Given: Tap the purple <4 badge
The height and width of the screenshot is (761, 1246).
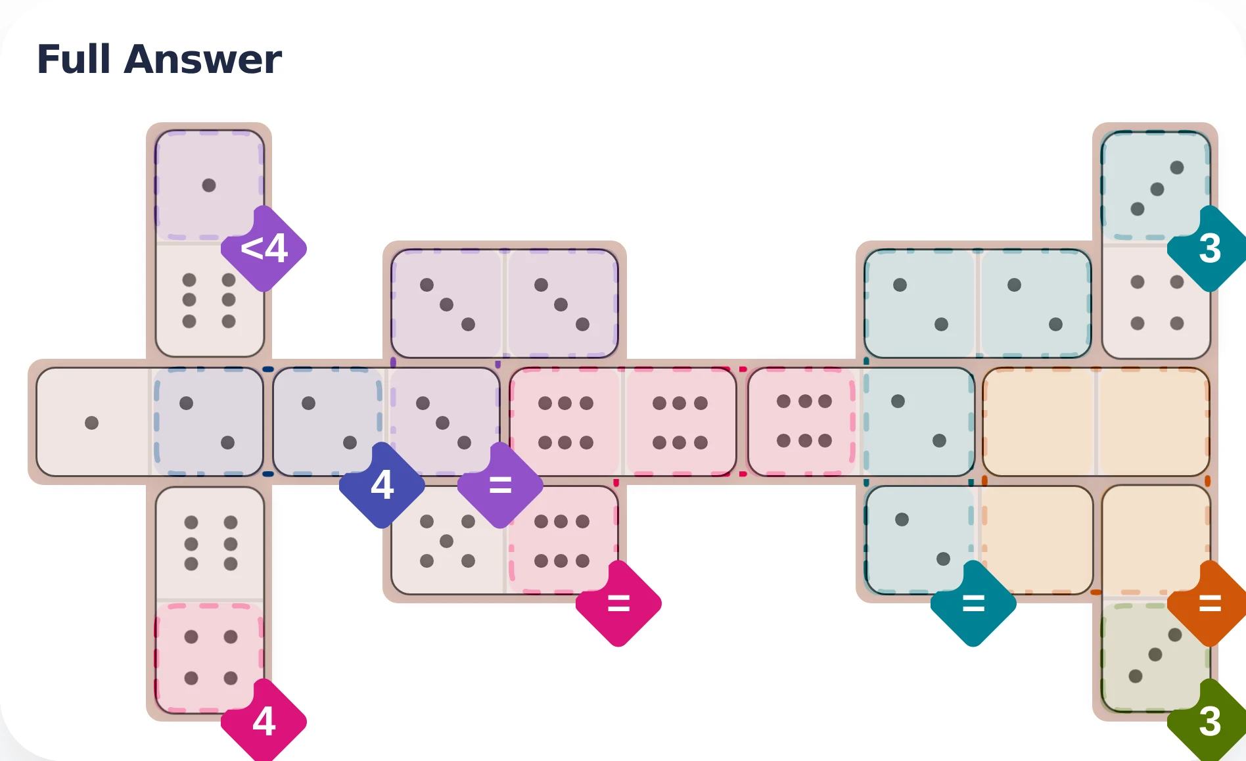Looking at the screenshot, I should pos(264,248).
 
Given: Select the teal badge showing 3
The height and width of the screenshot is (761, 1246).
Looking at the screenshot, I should pos(1209,248).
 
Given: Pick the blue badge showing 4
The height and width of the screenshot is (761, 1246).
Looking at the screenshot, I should pos(382,485).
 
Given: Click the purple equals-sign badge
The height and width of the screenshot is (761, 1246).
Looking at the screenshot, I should pos(500,485).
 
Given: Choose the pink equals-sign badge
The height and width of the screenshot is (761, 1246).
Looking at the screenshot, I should pos(618,603).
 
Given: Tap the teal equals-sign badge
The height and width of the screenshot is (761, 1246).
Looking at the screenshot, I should pos(973,603).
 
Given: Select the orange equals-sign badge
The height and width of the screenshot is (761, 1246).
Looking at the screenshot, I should pos(1209,603).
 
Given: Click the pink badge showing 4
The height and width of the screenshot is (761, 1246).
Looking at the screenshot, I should pos(264,722).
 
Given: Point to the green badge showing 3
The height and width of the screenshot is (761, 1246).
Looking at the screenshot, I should pos(1209,722).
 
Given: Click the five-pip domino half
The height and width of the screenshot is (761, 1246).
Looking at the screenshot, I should pos(448,541).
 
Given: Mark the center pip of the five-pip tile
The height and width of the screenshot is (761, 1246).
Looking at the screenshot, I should pos(447,541).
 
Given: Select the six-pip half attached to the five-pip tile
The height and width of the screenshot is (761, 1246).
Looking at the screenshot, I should pos(562,541).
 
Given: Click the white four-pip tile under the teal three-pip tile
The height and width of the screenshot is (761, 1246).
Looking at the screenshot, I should pos(1157,302).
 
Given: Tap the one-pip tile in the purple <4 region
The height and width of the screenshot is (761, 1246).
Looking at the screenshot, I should pos(209,185).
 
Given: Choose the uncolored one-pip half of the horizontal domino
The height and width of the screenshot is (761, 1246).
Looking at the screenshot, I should pos(92,423).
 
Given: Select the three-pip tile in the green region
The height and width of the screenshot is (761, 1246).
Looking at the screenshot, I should pos(1155,655).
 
